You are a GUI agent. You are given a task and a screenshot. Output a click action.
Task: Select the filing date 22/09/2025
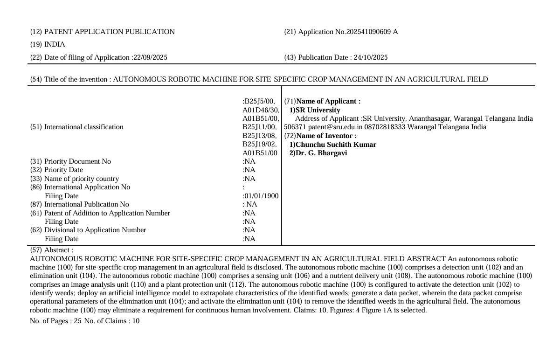pos(150,57)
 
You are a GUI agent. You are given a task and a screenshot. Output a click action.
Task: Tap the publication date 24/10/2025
pos(371,57)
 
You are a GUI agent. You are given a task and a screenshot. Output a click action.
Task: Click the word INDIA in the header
pos(55,44)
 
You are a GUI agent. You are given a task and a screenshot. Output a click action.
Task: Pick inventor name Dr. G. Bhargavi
pos(321,153)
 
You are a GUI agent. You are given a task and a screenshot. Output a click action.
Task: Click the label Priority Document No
pos(77,161)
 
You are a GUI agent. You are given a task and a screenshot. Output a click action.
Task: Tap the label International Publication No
pos(86,204)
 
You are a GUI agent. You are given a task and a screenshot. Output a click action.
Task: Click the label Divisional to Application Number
pos(95,230)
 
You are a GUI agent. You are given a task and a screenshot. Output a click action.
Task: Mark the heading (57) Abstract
pos(51,250)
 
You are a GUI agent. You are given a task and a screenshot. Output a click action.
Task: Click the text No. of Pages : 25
pos(55,321)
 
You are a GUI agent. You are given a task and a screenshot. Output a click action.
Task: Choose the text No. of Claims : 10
pos(112,321)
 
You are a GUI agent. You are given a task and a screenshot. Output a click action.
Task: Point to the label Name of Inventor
pos(326,136)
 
